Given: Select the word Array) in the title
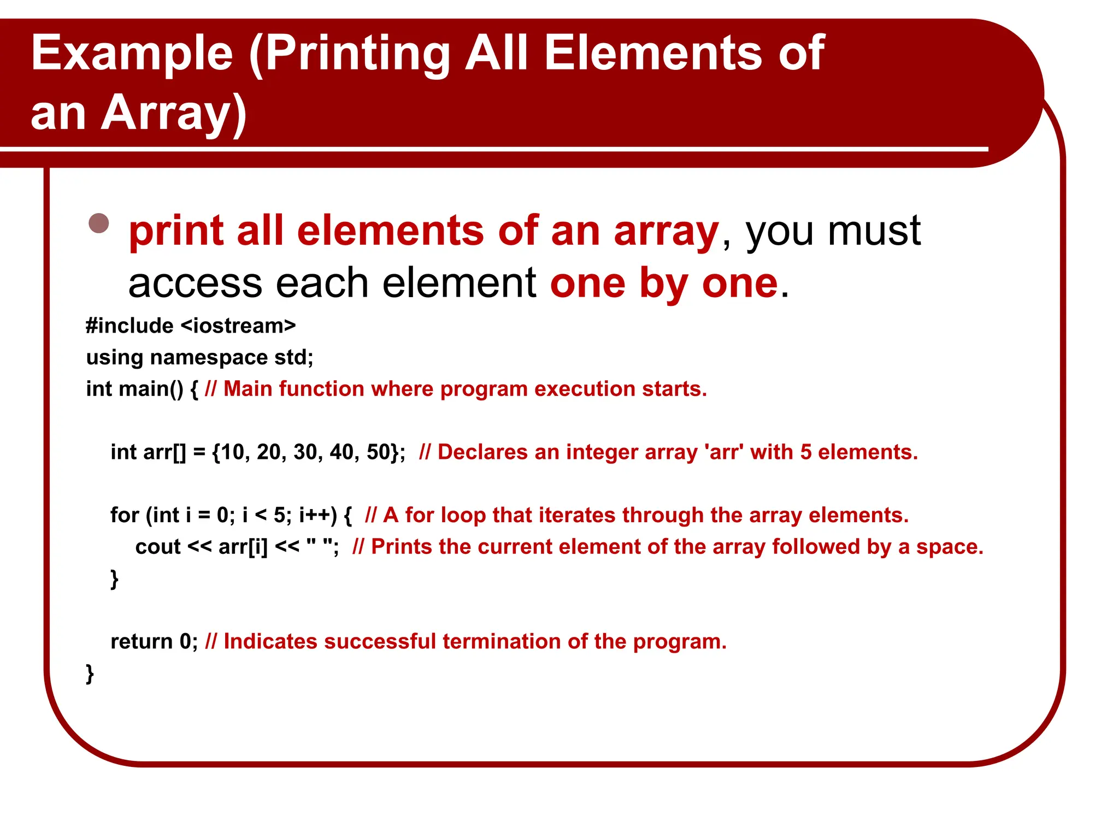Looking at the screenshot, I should pos(174,113).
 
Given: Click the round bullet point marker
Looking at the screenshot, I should pos(99,223).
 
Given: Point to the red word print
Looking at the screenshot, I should pos(176,232).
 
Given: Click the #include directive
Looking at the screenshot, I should pos(129,326).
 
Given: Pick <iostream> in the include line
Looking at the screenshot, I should pos(238,326).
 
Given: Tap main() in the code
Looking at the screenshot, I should pos(151,389).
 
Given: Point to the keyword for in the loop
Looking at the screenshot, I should pos(125,515).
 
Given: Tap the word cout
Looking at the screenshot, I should pos(157,547).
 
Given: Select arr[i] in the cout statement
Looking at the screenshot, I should pos(243,547).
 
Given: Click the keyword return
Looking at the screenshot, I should pos(142,641).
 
